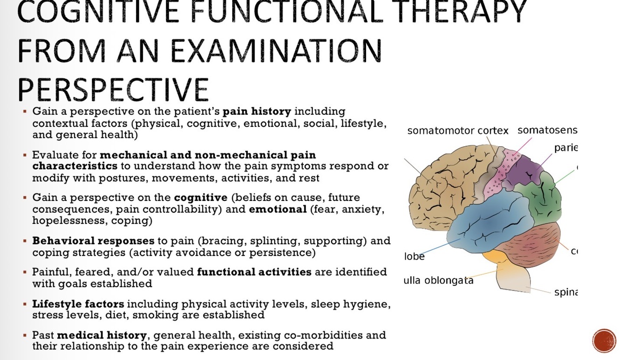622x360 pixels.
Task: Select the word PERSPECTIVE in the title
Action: pyautogui.click(x=112, y=89)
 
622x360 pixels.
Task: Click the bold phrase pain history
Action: pyautogui.click(x=257, y=112)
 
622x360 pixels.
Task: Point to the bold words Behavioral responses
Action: pyautogui.click(x=93, y=242)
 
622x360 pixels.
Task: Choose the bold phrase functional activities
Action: pyautogui.click(x=254, y=272)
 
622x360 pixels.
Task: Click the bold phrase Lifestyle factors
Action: pyautogui.click(x=78, y=305)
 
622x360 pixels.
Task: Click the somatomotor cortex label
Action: pyautogui.click(x=458, y=131)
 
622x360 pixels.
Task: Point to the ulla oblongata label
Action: pyautogui.click(x=438, y=281)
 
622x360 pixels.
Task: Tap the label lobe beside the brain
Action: pyautogui.click(x=415, y=256)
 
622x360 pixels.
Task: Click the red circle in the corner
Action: pyautogui.click(x=604, y=341)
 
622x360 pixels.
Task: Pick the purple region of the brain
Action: pyautogui.click(x=525, y=168)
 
